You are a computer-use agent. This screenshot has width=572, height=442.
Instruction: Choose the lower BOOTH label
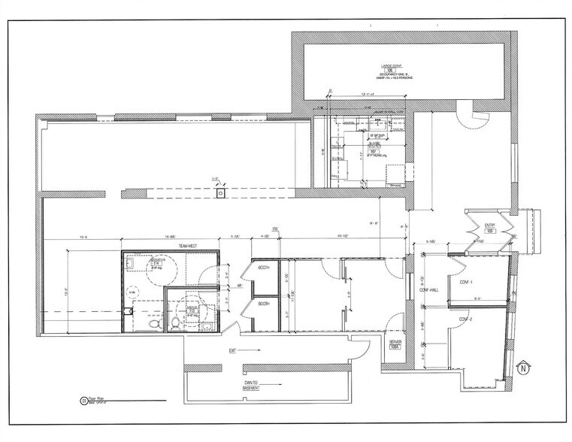[x=265, y=304]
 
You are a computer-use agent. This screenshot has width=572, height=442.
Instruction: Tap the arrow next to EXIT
[x=252, y=350]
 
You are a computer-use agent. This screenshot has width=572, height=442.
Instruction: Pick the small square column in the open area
[x=220, y=193]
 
